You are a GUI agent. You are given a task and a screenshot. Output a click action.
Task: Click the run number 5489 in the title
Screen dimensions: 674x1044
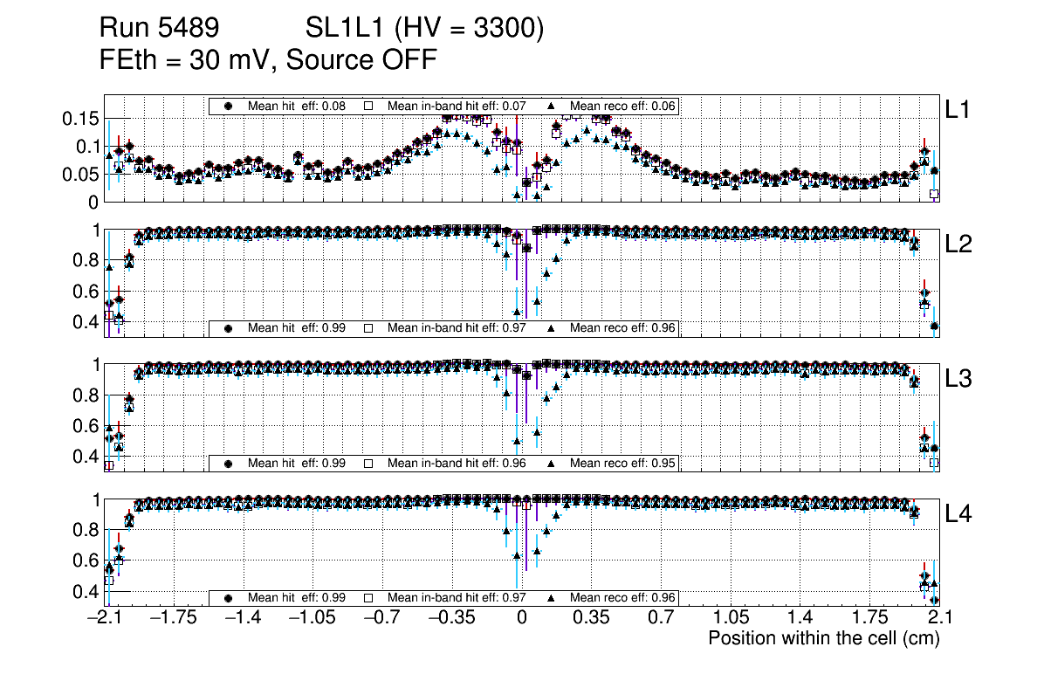tap(189, 30)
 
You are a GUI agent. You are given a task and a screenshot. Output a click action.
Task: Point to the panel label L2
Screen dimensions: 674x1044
tap(959, 245)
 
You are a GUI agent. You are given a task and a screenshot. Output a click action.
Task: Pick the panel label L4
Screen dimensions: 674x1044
tap(959, 515)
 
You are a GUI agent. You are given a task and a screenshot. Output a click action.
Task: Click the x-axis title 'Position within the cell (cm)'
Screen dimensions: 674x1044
tap(823, 638)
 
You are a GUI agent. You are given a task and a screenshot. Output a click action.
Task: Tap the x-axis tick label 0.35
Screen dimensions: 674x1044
tap(591, 618)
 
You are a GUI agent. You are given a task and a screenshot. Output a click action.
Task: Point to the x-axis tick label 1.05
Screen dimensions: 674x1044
tap(731, 618)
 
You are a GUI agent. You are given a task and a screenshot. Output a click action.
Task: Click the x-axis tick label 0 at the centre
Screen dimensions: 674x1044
tap(521, 618)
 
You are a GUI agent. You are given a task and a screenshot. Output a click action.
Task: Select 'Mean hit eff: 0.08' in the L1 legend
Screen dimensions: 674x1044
tap(296, 106)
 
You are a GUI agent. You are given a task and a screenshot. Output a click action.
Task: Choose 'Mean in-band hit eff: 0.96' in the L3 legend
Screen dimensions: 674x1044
tap(456, 463)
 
